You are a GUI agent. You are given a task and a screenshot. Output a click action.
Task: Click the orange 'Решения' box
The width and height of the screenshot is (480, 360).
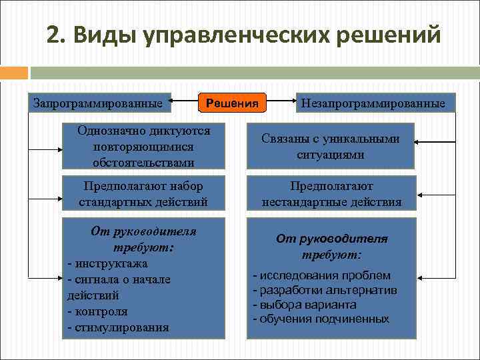[x=233, y=103]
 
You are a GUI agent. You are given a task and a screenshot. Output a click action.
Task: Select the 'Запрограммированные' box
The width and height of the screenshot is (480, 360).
[x=99, y=103]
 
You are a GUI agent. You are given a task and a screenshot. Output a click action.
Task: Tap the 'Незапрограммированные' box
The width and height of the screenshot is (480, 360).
[x=373, y=103]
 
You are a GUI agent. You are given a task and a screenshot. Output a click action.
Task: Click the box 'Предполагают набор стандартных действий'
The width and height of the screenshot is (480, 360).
[x=144, y=194]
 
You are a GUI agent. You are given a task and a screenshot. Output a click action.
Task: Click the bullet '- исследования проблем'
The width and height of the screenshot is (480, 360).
[x=321, y=275]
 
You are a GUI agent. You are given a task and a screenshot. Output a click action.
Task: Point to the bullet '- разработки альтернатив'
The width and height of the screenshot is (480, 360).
[x=325, y=290]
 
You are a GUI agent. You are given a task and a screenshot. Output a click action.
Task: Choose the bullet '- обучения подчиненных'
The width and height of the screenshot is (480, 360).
[x=321, y=319]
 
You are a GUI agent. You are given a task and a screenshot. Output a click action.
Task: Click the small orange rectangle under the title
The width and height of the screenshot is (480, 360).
[x=14, y=72]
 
